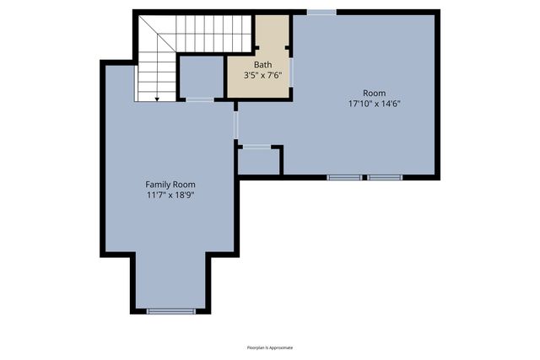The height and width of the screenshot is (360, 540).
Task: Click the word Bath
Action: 262,64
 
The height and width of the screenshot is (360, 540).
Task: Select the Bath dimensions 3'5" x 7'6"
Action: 262,75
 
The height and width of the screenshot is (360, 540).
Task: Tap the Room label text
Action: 373,93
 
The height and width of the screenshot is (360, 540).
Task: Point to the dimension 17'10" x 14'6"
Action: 373,104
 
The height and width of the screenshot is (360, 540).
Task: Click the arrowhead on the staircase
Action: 157,98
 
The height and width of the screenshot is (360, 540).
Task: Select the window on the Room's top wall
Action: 321,12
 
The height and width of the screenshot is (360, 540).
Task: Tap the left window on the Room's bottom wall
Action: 344,177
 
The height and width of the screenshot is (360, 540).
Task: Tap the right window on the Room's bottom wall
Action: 385,177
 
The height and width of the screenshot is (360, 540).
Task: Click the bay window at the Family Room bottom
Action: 171,311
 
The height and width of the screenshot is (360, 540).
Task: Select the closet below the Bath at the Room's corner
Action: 259,161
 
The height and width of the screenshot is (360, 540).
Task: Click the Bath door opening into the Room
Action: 291,68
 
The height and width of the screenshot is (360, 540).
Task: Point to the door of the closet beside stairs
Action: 200,99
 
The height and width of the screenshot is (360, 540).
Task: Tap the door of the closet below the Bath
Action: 257,147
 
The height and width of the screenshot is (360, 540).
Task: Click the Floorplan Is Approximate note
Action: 270,347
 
